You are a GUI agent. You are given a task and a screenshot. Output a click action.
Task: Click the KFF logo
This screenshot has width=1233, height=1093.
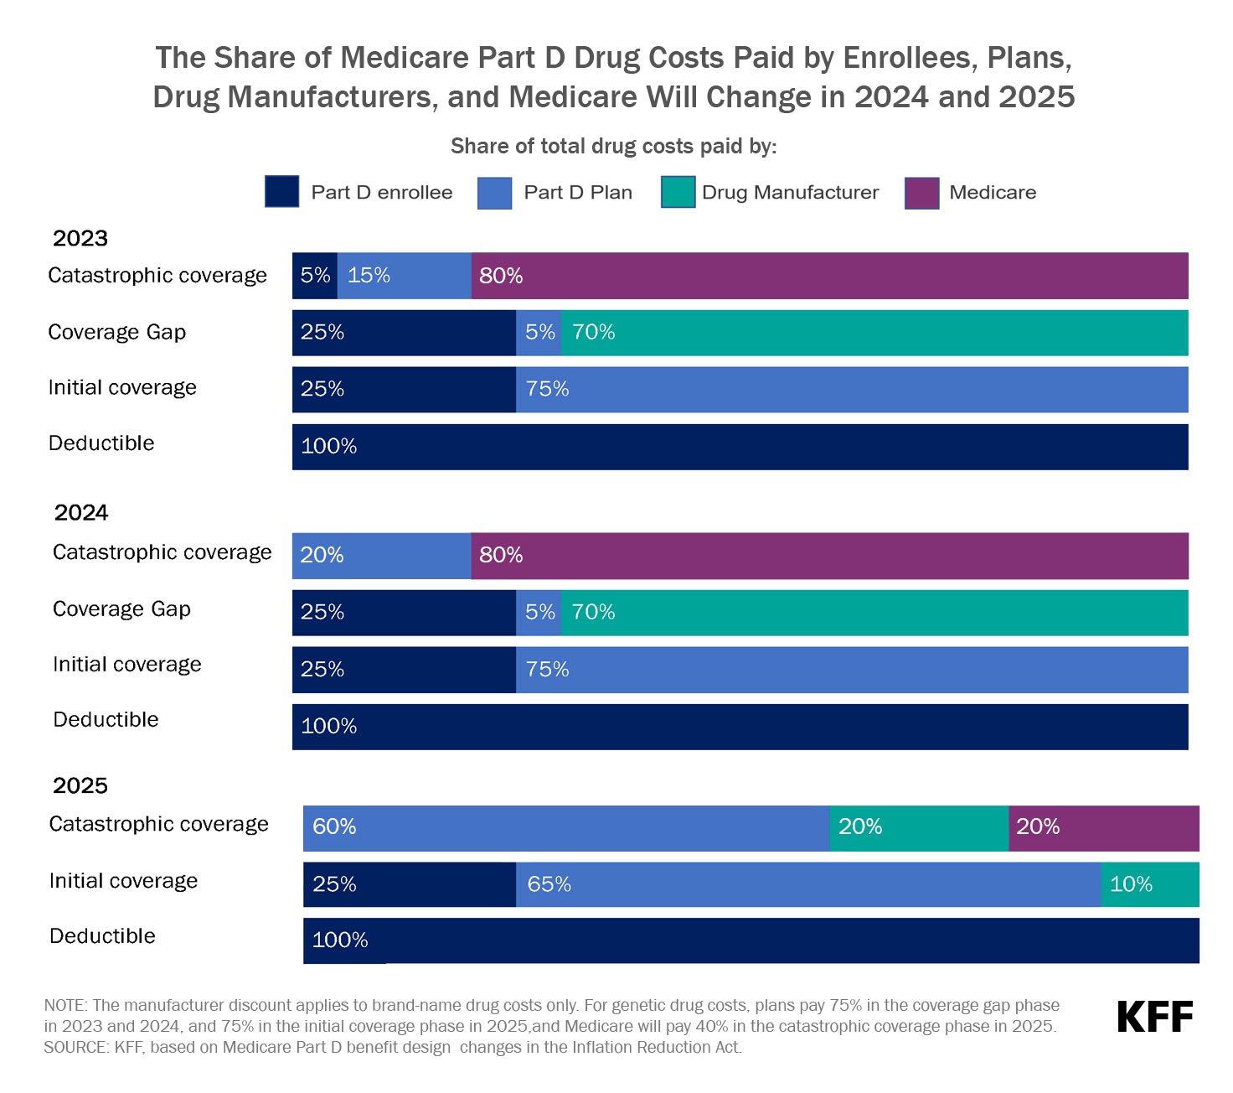[1154, 1018]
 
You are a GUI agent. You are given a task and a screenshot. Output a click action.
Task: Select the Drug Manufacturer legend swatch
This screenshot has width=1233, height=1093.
[678, 192]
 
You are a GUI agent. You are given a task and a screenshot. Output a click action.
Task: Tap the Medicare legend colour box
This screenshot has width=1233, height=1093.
[921, 193]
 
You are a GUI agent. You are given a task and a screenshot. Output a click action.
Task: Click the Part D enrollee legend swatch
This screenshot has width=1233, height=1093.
[281, 192]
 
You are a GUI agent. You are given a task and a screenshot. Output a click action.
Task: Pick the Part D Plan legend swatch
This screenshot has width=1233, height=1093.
[494, 193]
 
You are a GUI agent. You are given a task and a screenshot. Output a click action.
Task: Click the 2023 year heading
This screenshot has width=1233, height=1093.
[80, 238]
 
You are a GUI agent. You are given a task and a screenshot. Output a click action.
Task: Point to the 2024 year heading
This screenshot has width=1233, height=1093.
[81, 512]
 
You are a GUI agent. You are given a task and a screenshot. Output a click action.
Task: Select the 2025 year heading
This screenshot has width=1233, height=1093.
[80, 785]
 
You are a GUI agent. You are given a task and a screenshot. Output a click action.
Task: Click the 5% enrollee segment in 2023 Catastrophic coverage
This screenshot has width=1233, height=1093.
[315, 276]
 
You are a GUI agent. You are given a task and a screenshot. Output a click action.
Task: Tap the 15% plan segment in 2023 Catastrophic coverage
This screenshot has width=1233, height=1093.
[404, 276]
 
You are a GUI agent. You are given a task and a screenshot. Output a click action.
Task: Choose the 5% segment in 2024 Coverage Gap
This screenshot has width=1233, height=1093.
[539, 613]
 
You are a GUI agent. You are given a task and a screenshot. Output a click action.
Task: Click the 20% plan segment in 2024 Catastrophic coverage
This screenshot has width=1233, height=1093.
[381, 556]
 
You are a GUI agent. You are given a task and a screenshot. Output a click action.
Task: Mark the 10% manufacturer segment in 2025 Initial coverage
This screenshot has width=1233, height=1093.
[1150, 884]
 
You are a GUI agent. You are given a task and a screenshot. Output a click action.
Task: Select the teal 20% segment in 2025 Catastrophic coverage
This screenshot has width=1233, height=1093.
[919, 828]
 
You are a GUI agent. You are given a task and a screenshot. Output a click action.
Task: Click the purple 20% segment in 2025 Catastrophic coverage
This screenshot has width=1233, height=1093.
[1104, 828]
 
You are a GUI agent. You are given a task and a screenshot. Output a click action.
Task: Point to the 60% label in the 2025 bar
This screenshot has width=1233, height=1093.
[334, 827]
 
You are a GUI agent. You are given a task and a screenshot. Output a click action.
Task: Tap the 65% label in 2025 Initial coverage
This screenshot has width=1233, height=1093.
[549, 884]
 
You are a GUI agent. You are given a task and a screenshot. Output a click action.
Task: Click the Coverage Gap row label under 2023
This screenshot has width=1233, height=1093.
[116, 332]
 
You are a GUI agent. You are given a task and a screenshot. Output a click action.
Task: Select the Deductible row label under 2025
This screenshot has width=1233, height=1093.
[102, 936]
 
